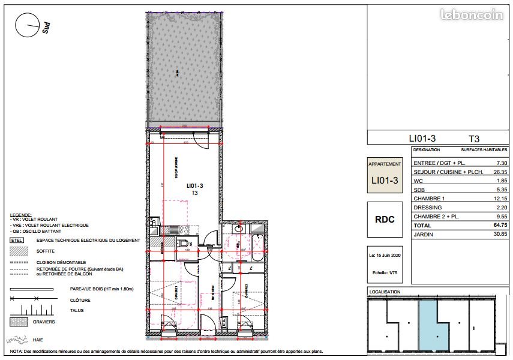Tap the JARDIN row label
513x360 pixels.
423,234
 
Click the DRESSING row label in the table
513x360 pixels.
427,208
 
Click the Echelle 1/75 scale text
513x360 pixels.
385,271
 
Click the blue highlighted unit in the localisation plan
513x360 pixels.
433,324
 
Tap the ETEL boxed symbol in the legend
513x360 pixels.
17,241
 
